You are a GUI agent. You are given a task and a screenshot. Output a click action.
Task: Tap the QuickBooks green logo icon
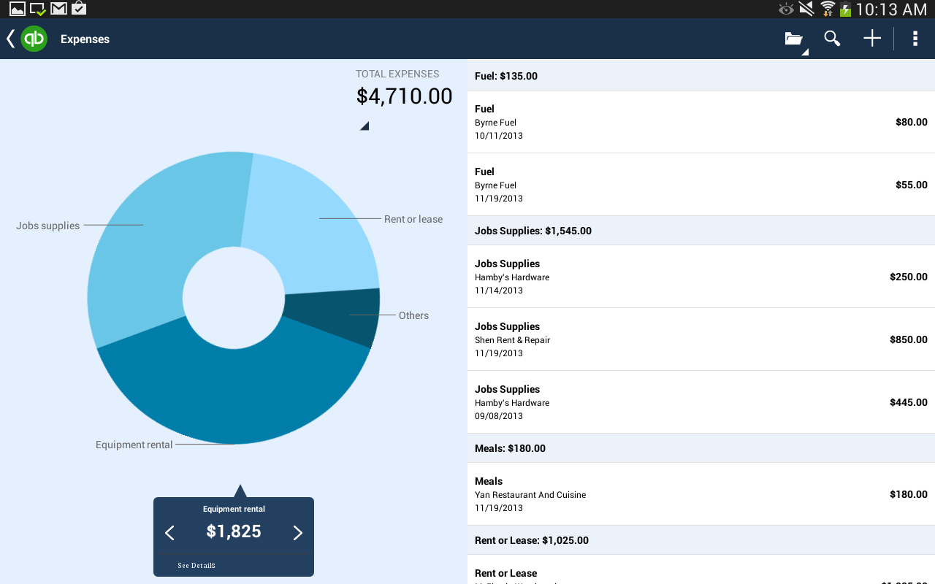[x=34, y=39]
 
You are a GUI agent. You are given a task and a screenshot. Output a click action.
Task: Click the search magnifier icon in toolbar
[x=832, y=39]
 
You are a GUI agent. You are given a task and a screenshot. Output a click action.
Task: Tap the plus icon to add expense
[x=872, y=39]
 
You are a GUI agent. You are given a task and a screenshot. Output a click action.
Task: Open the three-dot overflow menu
[x=915, y=39]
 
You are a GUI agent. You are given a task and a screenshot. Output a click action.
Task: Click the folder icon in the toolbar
[x=794, y=39]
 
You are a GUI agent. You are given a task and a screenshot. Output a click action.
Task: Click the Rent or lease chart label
[x=413, y=219]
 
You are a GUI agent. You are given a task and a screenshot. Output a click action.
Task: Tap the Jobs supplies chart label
[x=47, y=226]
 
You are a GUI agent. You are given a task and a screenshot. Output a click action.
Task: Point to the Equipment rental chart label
[x=134, y=445]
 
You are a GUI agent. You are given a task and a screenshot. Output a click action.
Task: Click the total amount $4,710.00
[x=404, y=96]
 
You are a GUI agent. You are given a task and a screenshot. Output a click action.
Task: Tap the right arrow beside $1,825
[x=297, y=533]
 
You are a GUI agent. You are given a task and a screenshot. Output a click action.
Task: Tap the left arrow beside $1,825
[x=169, y=533]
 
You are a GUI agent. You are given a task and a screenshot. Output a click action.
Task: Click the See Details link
[x=196, y=566]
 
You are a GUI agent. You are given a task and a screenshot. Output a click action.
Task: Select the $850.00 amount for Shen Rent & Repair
[x=908, y=339]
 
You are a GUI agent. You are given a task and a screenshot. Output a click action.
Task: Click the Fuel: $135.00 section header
[x=506, y=76]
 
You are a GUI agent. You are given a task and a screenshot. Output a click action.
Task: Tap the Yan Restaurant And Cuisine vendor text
[x=530, y=495]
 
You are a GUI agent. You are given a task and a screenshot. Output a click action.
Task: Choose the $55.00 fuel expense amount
[x=911, y=185]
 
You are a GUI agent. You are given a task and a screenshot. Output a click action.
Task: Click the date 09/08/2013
[x=499, y=416]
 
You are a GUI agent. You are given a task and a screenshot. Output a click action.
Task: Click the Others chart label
[x=413, y=315]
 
